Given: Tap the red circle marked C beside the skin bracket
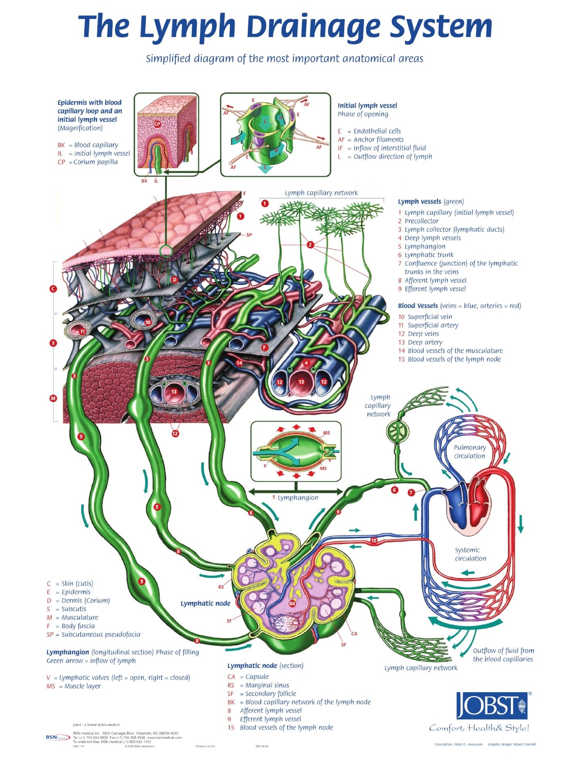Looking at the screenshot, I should (x=53, y=289).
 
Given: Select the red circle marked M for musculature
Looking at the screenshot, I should (x=53, y=398).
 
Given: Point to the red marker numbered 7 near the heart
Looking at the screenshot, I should (x=411, y=493).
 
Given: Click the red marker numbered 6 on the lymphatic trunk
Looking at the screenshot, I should (x=395, y=490).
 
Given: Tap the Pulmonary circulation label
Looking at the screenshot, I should (x=469, y=451).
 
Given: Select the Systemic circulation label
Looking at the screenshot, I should (x=470, y=554).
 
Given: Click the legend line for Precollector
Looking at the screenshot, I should (x=421, y=221).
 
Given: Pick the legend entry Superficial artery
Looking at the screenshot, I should (x=432, y=325).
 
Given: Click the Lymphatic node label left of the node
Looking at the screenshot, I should (x=205, y=603).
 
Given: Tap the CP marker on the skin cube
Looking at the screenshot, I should (x=157, y=124).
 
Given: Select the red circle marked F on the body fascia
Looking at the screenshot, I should (x=264, y=348).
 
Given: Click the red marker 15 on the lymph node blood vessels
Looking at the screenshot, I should (x=374, y=540).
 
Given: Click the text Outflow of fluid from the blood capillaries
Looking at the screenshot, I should (x=503, y=655).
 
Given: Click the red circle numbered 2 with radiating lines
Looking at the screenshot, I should (x=310, y=245).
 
